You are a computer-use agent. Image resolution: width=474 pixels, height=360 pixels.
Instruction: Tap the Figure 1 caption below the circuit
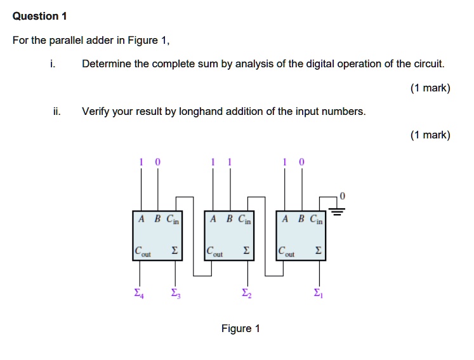point(240,328)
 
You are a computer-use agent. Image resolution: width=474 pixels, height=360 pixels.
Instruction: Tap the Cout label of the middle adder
point(214,252)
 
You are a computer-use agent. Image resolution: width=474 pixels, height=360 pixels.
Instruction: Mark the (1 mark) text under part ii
point(430,135)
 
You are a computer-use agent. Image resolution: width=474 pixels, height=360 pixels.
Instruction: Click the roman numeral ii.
point(56,112)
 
